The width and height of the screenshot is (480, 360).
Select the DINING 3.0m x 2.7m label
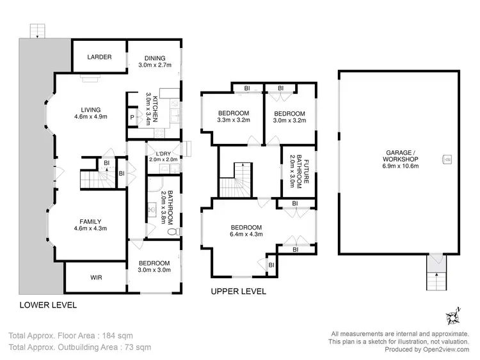[x=154, y=61]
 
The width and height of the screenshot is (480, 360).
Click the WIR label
[x=96, y=278]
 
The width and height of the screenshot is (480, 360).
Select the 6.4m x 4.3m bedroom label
[x=246, y=231]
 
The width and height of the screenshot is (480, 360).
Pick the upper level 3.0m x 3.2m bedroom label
[x=289, y=116]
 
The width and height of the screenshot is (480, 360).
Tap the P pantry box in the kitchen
[x=132, y=118]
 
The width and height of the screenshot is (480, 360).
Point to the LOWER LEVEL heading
[x=47, y=305]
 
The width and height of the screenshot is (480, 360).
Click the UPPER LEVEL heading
[x=238, y=292]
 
